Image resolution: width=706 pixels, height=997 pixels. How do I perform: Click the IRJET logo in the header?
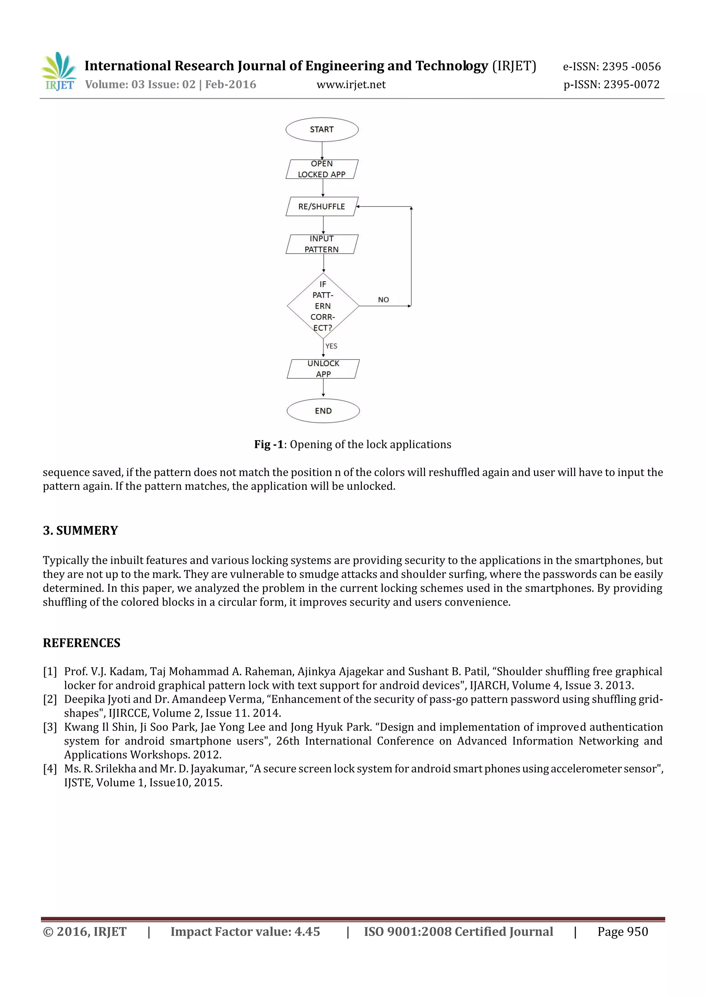(x=59, y=72)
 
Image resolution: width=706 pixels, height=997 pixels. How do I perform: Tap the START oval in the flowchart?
(x=322, y=129)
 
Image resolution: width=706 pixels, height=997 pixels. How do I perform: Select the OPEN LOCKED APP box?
(x=322, y=169)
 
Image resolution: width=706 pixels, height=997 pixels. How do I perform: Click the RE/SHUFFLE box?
(x=322, y=207)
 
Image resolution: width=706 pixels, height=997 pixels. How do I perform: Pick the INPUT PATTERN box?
(x=322, y=244)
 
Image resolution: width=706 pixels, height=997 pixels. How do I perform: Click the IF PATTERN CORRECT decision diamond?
(x=323, y=306)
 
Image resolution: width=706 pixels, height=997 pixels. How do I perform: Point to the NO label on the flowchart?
(x=383, y=300)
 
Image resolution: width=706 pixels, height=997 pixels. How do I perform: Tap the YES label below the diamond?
(x=331, y=346)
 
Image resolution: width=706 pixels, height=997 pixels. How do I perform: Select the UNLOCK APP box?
(x=323, y=369)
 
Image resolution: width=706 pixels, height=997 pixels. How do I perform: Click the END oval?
(x=323, y=411)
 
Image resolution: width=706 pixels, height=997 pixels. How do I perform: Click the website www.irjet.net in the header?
(x=351, y=85)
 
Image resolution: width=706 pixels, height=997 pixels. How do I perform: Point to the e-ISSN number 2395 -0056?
(x=631, y=66)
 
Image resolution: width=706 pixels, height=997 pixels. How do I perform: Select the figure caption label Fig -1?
(x=269, y=444)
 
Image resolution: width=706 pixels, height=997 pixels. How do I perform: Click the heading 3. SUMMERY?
(x=80, y=531)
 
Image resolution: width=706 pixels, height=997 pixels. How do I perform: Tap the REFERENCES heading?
(x=81, y=643)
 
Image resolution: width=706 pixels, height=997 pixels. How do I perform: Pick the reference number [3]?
(x=50, y=727)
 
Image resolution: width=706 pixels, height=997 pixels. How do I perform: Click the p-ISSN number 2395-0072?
(x=631, y=85)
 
